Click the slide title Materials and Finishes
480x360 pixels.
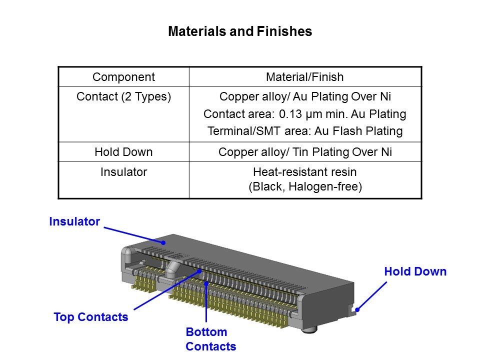(x=240, y=31)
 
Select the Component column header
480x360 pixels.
(x=123, y=77)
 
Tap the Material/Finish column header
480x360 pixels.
(x=305, y=77)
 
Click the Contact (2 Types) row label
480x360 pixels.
(x=123, y=96)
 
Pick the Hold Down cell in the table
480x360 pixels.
(x=123, y=152)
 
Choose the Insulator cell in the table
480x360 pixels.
(x=123, y=172)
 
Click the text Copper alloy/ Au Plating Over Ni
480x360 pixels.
(x=305, y=96)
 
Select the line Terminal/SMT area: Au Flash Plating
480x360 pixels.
(x=305, y=131)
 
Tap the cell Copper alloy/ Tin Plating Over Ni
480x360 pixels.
(x=305, y=152)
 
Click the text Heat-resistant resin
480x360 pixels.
(x=305, y=172)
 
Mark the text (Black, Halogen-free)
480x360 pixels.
(x=305, y=186)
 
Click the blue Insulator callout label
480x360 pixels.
(x=74, y=221)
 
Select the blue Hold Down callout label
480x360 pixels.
(x=415, y=271)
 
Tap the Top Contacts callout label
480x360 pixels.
(x=91, y=317)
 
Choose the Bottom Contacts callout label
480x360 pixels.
(x=210, y=339)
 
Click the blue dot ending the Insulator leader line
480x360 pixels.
(x=163, y=242)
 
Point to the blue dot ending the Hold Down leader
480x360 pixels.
(x=357, y=310)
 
